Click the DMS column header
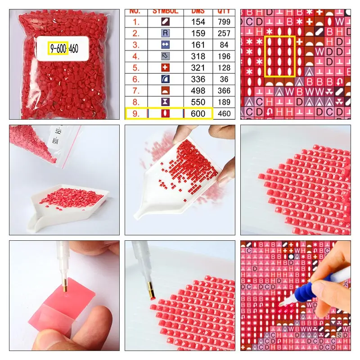point(198,11)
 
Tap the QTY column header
point(224,11)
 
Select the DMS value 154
point(198,21)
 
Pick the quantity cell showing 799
point(224,21)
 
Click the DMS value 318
point(198,56)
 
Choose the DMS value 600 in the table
point(198,113)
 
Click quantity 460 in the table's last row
point(224,113)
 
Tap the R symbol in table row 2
point(166,33)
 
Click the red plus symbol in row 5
point(166,67)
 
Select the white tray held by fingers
point(180,180)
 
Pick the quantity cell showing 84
point(224,45)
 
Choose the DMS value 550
point(198,102)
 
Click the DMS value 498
point(198,90)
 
